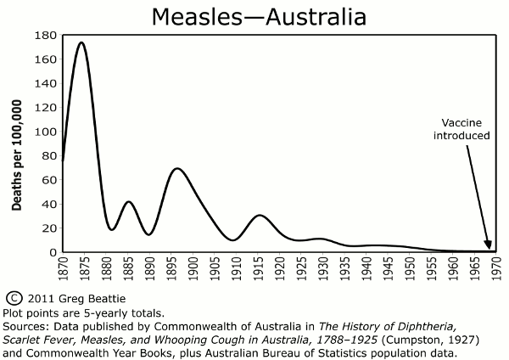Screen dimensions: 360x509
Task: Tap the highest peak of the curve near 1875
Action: coord(81,42)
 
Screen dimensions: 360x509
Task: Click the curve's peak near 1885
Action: coord(128,202)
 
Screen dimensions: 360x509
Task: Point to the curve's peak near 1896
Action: coord(176,168)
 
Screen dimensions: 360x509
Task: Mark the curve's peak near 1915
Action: coord(260,215)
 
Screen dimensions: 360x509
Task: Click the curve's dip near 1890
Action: coord(148,234)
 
